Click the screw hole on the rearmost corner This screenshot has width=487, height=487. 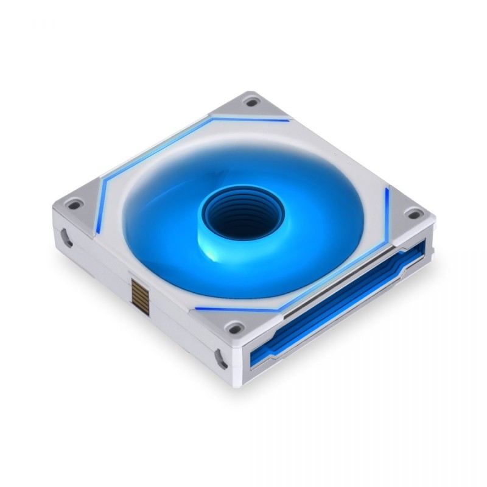(x=251, y=102)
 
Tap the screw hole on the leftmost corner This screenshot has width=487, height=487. (x=73, y=205)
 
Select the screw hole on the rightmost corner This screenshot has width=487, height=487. (x=414, y=214)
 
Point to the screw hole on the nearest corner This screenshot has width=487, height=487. (x=233, y=328)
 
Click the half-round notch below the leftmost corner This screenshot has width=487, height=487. (x=66, y=237)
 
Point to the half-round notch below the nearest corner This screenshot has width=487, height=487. (x=220, y=359)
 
